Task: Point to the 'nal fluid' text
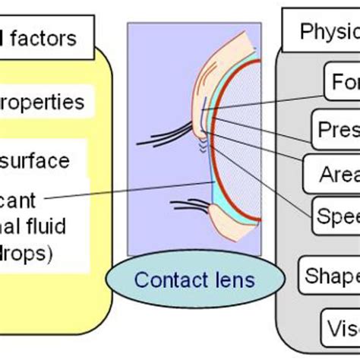click(34, 226)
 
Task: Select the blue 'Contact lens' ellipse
click(194, 279)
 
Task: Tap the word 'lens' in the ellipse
click(233, 279)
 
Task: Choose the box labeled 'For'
click(343, 81)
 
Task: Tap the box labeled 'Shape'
click(330, 274)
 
